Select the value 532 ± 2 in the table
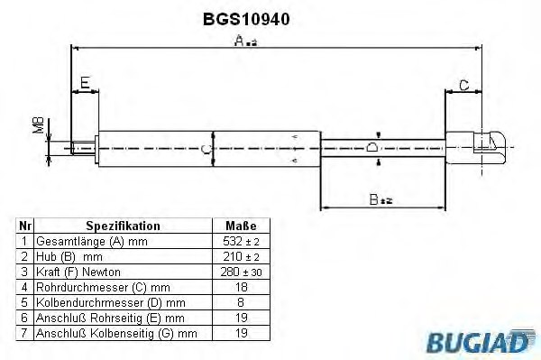coord(240,242)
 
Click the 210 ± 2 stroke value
coord(240,256)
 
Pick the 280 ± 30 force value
coord(240,271)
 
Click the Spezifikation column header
coord(123,226)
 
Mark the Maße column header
coord(240,226)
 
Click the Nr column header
coord(25,226)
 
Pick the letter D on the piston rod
coord(371,148)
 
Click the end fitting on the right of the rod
coord(478,145)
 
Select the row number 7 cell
coord(25,333)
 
